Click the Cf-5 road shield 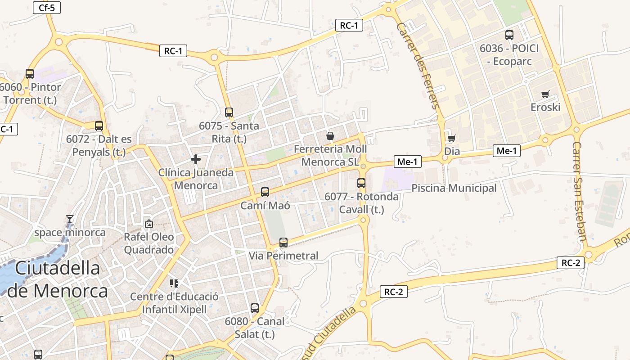(47, 7)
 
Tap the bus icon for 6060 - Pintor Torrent (30, 73)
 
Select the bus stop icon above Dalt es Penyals (99, 126)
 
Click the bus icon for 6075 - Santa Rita (229, 112)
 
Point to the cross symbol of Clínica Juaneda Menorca (196, 159)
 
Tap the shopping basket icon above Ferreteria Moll (330, 135)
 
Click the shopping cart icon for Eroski (545, 94)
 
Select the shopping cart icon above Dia (451, 138)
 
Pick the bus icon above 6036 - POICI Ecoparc (509, 35)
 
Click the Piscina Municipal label (454, 188)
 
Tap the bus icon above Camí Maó (265, 192)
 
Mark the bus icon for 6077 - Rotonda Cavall (361, 183)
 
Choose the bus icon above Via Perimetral (283, 243)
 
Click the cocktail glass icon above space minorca (70, 219)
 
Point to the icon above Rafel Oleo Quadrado (148, 223)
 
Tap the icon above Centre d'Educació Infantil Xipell (174, 283)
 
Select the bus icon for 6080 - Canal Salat (255, 308)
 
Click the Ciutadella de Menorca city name (58, 279)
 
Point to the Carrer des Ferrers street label (417, 66)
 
